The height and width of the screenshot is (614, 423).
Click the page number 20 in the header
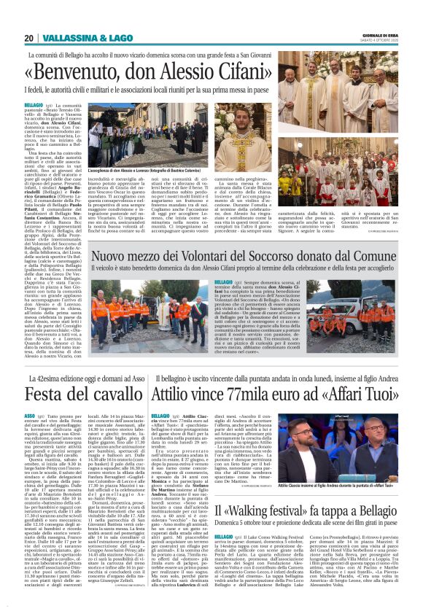tap(29, 38)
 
